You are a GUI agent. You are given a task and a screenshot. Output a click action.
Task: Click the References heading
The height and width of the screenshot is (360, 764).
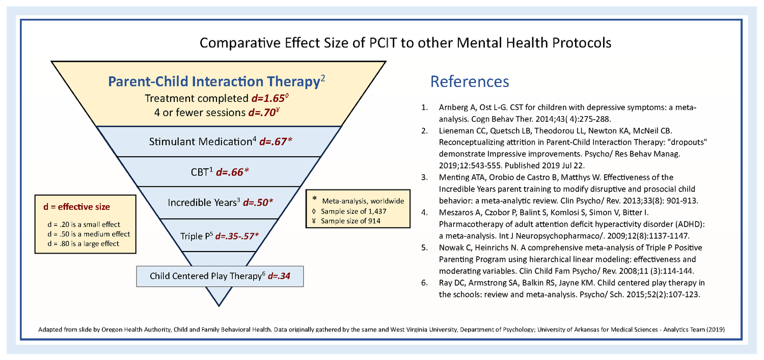coord(469,81)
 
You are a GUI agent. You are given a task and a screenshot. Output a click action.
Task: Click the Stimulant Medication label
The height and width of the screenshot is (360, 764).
coord(202,142)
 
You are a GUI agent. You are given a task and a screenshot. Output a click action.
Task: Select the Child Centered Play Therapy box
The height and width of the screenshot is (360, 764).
coord(220,276)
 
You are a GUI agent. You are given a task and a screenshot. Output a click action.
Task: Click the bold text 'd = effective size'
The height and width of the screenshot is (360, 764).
coord(76,207)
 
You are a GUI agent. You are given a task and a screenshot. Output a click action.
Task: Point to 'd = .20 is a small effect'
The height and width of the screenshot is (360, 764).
coord(83,225)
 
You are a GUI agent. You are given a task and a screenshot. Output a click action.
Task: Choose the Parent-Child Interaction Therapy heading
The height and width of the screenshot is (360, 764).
coord(213,81)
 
